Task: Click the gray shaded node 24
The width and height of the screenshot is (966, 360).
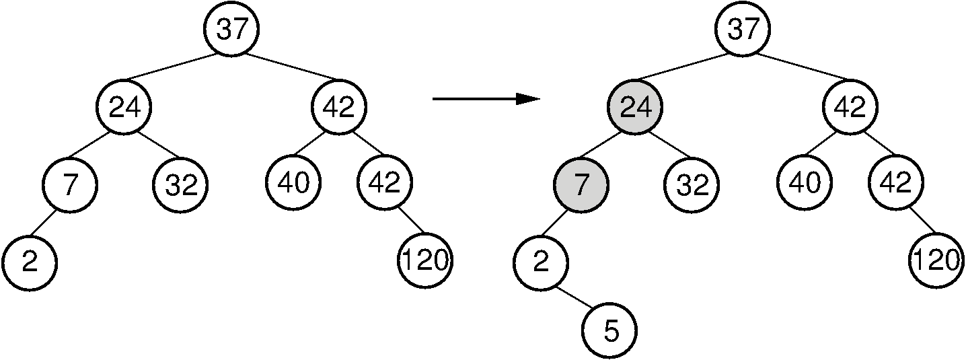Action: [634, 107]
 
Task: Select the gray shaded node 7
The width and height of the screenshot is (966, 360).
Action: [581, 184]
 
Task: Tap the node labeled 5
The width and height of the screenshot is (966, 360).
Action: [609, 331]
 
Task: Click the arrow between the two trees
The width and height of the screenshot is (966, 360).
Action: [486, 100]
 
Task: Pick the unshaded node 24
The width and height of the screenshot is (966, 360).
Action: [123, 107]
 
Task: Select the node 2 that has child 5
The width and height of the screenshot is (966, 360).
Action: [541, 262]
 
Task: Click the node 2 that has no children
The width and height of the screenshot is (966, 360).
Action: [29, 262]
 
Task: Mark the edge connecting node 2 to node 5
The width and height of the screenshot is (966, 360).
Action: [574, 296]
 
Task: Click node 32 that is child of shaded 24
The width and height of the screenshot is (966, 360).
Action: [692, 184]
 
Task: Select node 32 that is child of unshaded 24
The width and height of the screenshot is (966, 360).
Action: [181, 184]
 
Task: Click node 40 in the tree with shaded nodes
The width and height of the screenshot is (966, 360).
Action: [805, 182]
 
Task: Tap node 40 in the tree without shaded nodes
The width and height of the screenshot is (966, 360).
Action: [293, 182]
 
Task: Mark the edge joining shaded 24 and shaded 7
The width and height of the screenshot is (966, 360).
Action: [607, 145]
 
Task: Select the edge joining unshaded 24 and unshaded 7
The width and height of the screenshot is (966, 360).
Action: [96, 145]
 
